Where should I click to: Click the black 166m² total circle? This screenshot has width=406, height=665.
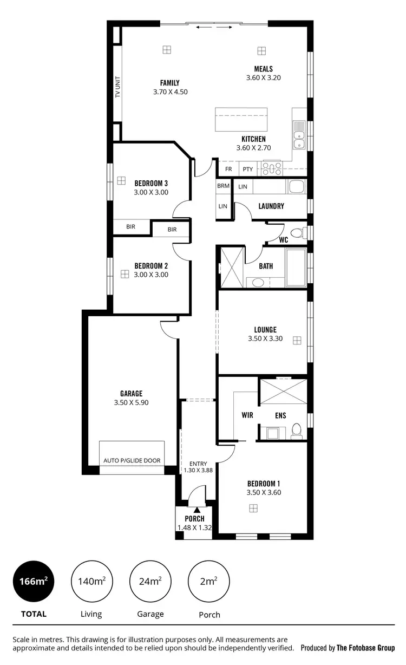coord(34,582)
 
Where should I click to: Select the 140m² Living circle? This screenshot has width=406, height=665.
coord(91,582)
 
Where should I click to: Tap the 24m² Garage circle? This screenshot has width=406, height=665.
coord(149,582)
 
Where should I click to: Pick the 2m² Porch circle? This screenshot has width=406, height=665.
coord(208,582)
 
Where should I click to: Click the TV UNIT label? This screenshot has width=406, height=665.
coord(117,87)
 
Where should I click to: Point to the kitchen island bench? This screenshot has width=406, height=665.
coord(241,120)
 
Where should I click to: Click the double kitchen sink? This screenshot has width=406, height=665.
coord(298,135)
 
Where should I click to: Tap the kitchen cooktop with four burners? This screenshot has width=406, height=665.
coord(272,169)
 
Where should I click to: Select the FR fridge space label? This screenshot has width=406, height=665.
coord(228,169)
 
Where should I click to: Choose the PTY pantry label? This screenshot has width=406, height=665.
coord(248,169)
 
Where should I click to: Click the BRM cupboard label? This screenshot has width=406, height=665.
coord(223,186)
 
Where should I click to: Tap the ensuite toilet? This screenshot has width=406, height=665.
coord(296,431)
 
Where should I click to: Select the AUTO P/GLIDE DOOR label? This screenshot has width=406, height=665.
coord(132,461)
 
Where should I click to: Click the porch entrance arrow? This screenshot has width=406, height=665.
coord(197,509)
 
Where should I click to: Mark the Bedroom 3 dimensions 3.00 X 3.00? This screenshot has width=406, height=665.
coord(151,192)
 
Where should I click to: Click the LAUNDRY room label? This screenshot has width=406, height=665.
coord(271,206)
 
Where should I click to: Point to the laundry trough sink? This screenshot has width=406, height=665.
coord(297,187)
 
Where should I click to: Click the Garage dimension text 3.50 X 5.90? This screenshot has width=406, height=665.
coord(131,403)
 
